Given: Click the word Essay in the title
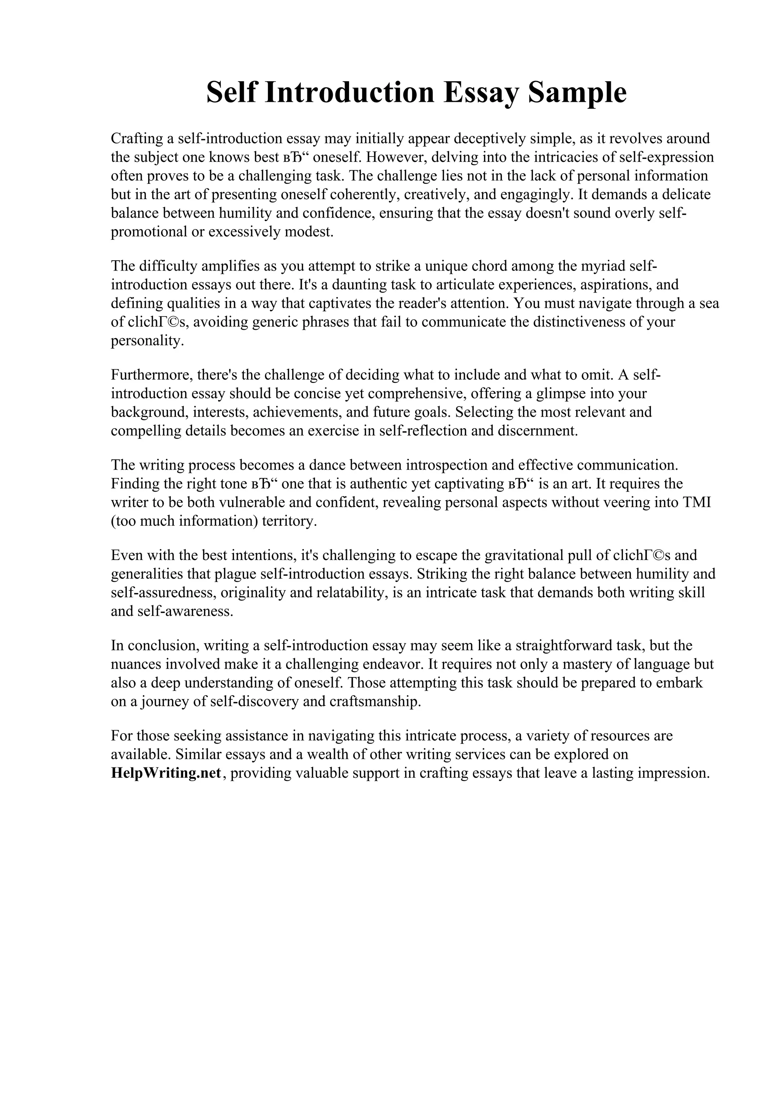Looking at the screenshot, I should click(x=481, y=93).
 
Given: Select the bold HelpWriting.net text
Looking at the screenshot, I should click(x=166, y=774).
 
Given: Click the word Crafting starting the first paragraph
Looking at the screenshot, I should click(x=137, y=139).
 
